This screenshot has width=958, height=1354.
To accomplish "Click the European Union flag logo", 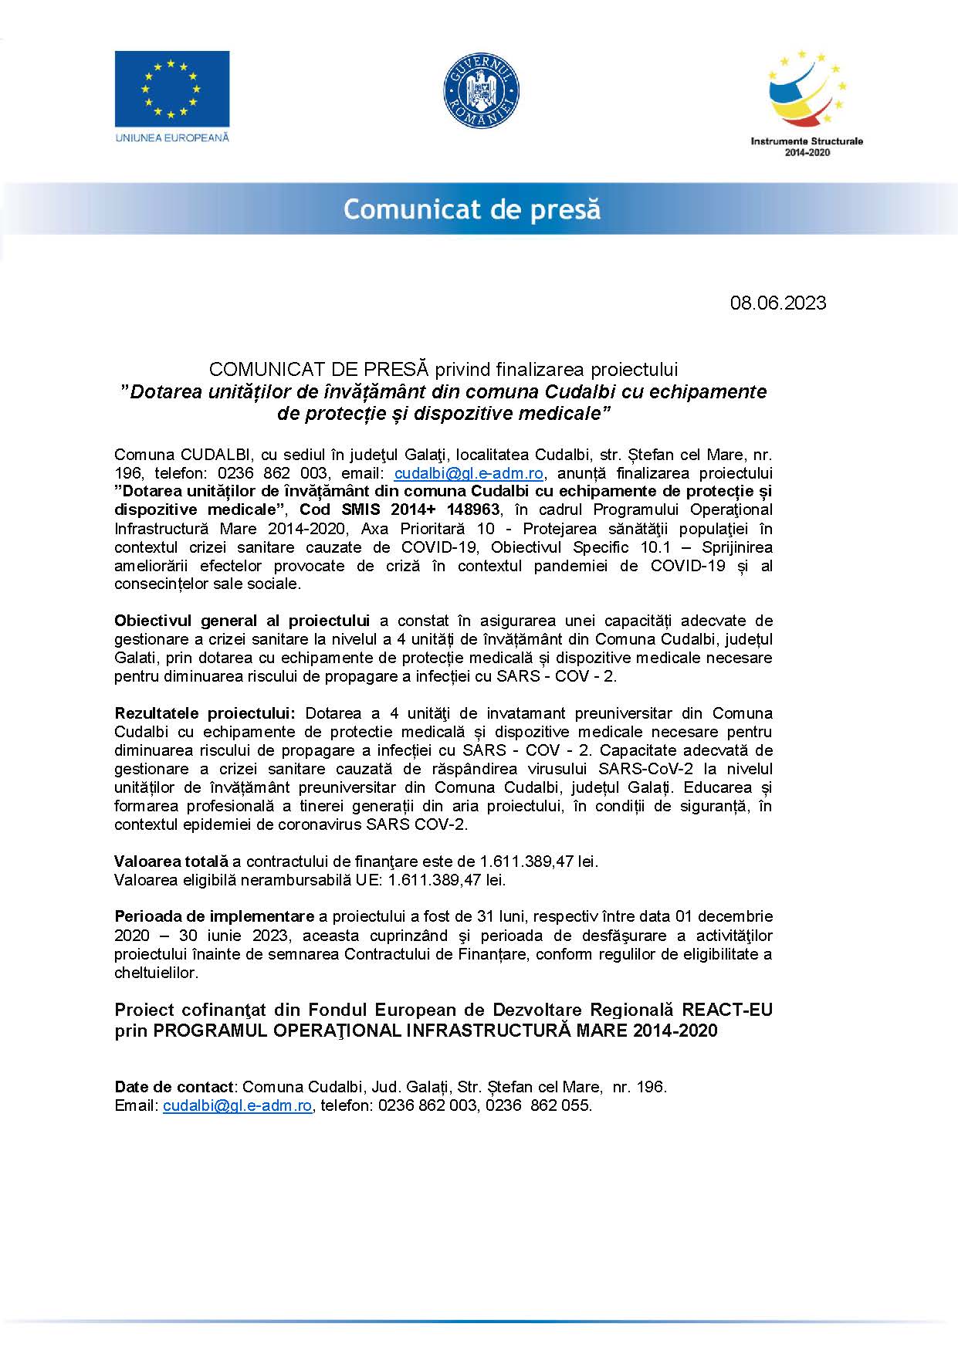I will pyautogui.click(x=172, y=89).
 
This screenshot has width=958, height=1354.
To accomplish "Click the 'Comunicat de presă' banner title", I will pyautogui.click(x=472, y=209).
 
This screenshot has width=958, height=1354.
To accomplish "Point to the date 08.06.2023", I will pyautogui.click(x=777, y=303).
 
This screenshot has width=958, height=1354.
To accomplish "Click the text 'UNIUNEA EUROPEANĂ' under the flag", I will pyautogui.click(x=172, y=137).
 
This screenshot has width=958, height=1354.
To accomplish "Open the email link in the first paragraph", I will pyautogui.click(x=469, y=472).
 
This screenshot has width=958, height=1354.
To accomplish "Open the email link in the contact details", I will pyautogui.click(x=237, y=1105).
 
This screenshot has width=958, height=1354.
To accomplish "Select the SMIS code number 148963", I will pyautogui.click(x=472, y=509).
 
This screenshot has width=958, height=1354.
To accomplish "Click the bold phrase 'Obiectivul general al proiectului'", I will pyautogui.click(x=242, y=621).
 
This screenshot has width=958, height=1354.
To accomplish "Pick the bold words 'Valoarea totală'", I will pyautogui.click(x=171, y=861).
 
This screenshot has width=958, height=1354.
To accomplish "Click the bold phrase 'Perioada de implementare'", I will pyautogui.click(x=214, y=916).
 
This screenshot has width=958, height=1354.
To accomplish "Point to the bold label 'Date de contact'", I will pyautogui.click(x=174, y=1087).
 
